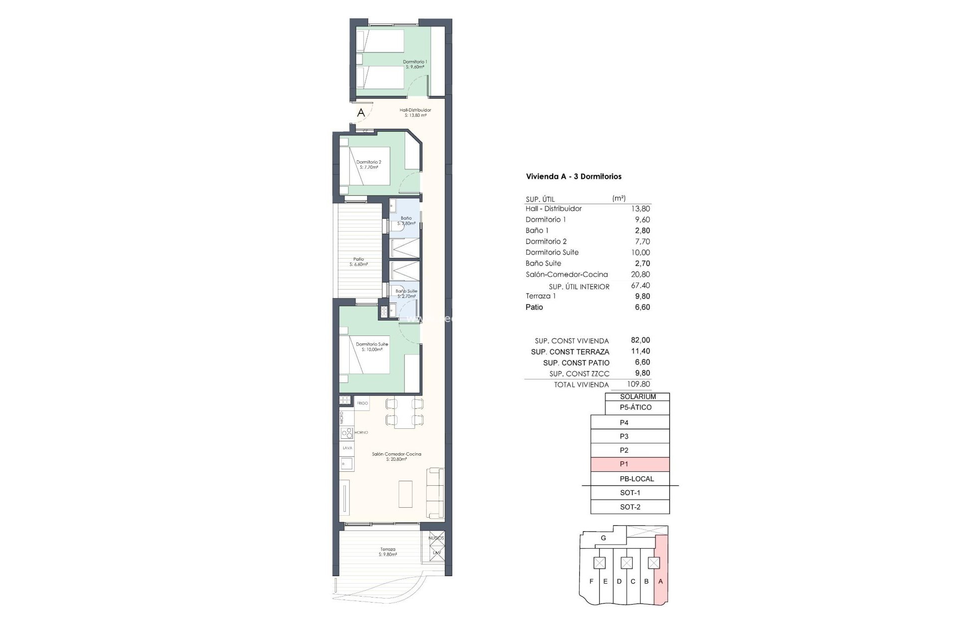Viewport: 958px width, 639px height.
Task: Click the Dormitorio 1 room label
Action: [415, 64]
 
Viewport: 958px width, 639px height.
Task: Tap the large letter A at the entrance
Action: [361, 113]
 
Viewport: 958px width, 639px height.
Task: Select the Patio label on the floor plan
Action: [358, 262]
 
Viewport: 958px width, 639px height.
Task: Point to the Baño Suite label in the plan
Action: [406, 293]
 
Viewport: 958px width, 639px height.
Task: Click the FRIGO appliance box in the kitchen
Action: [362, 403]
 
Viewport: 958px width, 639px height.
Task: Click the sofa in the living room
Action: [436, 493]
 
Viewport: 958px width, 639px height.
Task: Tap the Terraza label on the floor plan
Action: [387, 552]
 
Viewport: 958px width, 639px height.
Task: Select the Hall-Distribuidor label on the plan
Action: [415, 112]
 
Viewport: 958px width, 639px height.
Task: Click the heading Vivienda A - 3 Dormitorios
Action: [573, 176]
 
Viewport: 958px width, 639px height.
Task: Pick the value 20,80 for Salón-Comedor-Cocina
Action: [640, 274]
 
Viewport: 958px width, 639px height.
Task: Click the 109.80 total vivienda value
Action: [640, 384]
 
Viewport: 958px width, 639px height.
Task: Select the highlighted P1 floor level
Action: [630, 464]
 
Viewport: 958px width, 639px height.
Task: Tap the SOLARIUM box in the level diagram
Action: [638, 397]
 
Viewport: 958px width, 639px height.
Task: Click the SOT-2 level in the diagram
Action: [630, 507]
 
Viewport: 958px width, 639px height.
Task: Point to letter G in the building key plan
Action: [603, 538]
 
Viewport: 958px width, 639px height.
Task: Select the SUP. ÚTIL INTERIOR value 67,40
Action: [640, 286]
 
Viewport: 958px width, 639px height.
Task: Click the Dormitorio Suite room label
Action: [372, 346]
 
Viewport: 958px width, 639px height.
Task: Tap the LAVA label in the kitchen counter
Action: [347, 448]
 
